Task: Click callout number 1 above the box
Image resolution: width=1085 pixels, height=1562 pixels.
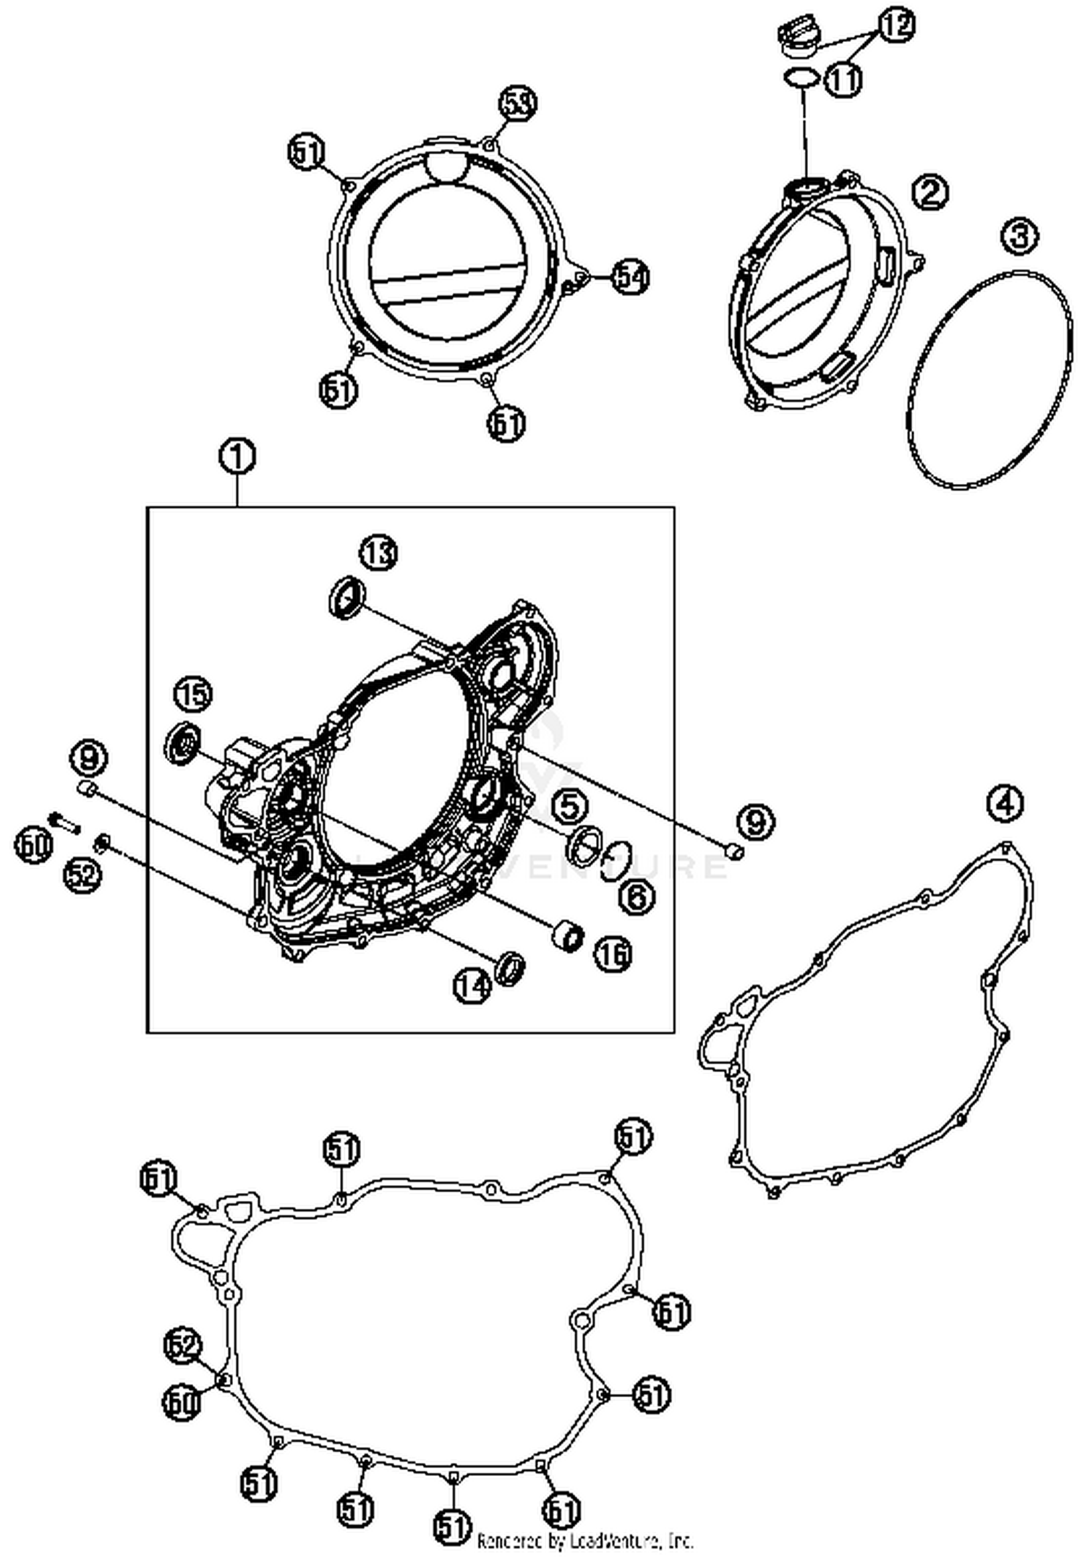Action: pos(237,457)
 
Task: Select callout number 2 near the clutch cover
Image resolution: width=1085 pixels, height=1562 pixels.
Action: pos(929,192)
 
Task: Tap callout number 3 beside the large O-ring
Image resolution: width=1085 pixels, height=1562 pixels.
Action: pos(1020,236)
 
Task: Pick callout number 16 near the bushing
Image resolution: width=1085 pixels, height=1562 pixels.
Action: pos(613,954)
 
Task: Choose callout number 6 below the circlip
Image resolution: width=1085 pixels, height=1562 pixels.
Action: pos(636,896)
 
